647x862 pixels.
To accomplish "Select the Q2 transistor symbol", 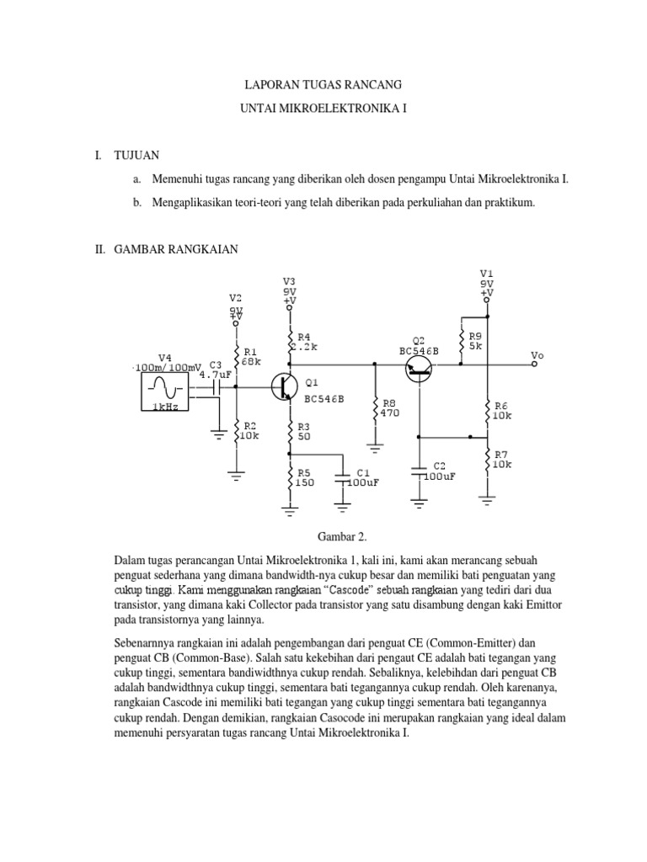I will tap(419, 368).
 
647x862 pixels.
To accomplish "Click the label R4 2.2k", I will tap(303, 341).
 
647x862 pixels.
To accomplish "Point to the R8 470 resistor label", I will tap(388, 407).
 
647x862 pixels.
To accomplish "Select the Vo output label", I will tap(537, 355).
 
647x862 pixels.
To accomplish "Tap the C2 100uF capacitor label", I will tap(439, 471).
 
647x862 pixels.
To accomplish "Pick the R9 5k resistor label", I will tap(475, 340).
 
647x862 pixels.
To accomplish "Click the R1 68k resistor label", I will tap(251, 355).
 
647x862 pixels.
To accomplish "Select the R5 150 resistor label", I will tap(303, 477).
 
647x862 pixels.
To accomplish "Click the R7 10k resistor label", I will tap(502, 459).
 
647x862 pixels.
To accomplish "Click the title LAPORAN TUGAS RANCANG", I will tap(323, 85).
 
